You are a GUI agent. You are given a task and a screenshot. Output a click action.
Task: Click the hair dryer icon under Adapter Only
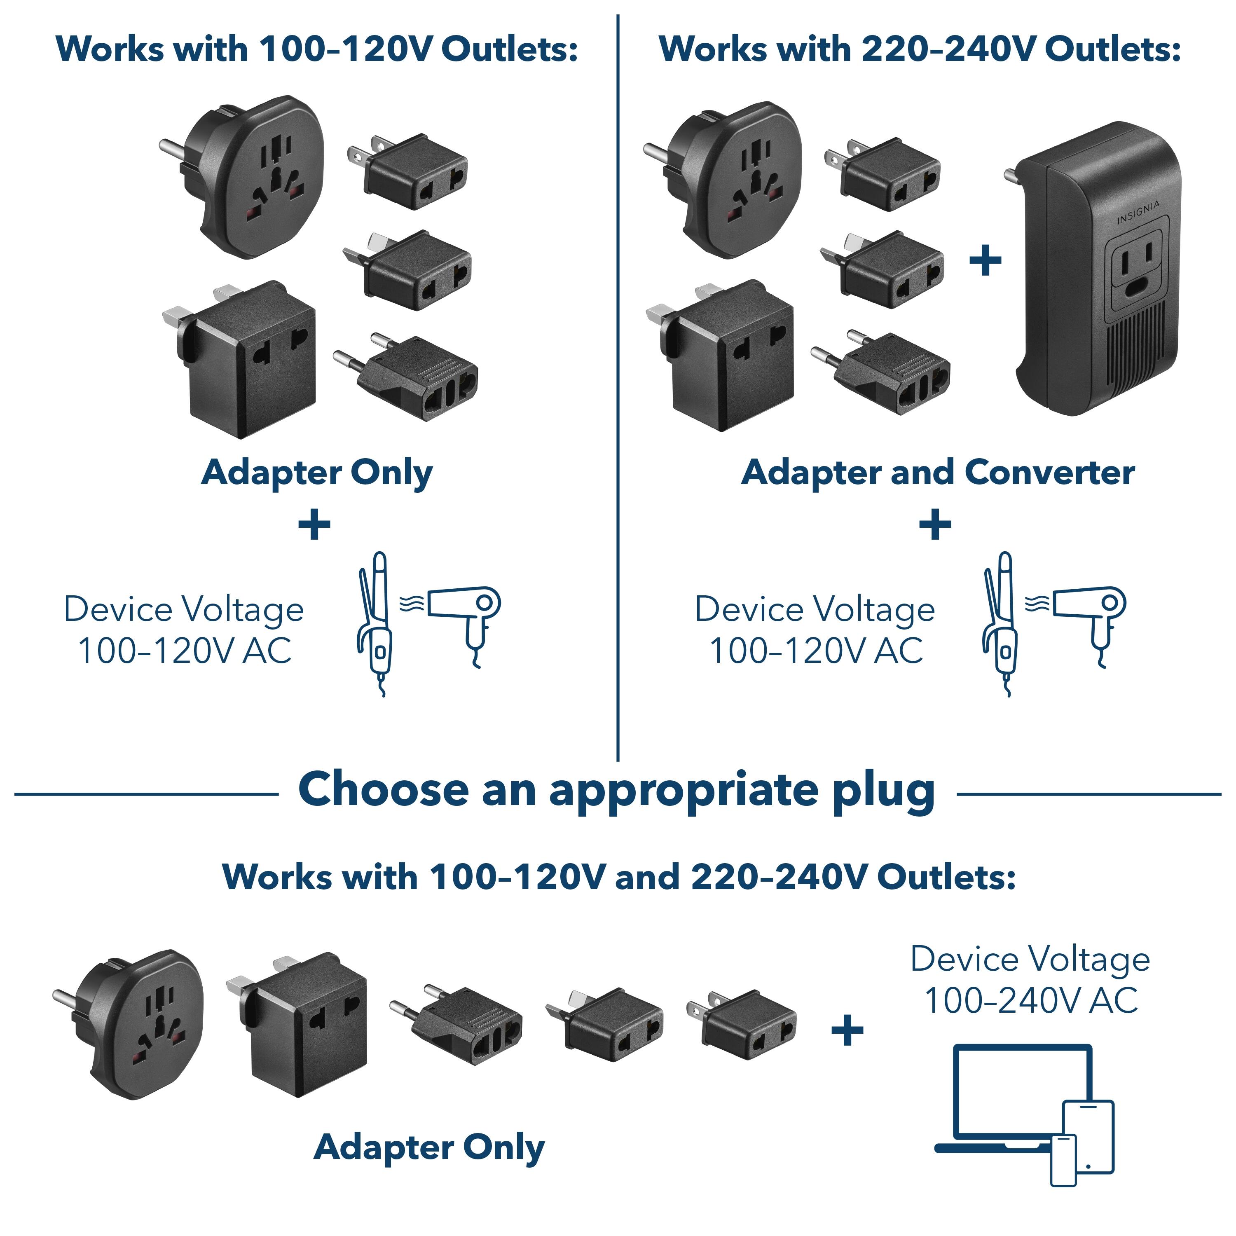pos(464,614)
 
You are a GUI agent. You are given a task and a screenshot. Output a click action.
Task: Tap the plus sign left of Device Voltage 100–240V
pos(847,1031)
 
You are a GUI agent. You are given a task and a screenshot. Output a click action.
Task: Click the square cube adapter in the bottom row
pos(301,1023)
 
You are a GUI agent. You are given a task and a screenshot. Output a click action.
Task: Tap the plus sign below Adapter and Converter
pos(935,524)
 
